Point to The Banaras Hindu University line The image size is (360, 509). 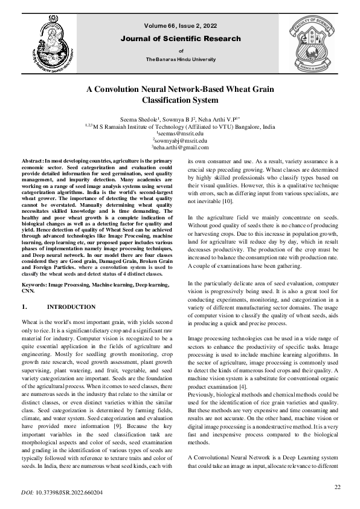(x=181, y=60)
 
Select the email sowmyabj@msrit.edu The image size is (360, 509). (x=181, y=140)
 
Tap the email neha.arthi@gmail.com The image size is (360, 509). (x=181, y=147)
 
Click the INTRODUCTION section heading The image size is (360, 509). (x=67, y=306)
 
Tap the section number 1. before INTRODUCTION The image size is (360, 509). (x=25, y=306)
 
